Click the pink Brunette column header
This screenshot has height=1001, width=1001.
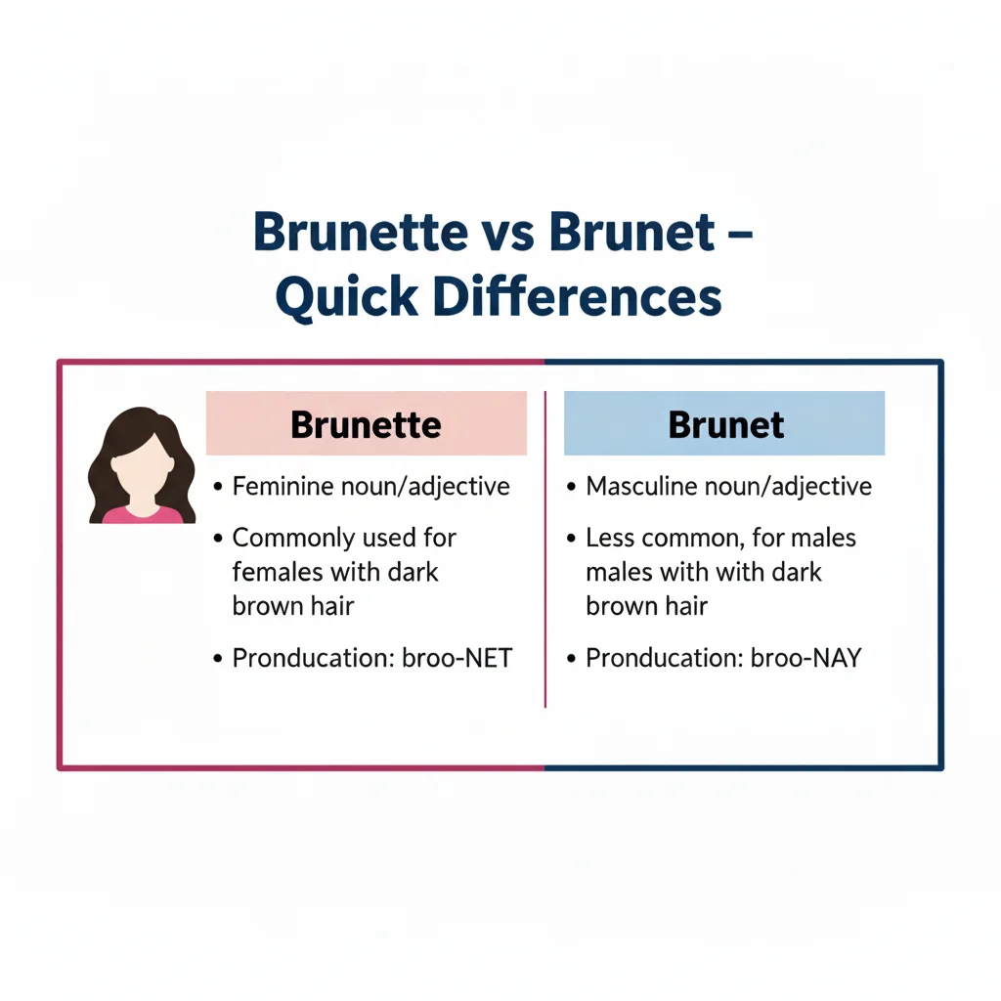point(366,425)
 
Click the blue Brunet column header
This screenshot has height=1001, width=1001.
point(725,424)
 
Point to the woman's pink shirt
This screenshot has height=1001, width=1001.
point(143,514)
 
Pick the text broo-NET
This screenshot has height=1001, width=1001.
point(457,658)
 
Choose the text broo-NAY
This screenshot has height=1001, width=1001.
point(806,658)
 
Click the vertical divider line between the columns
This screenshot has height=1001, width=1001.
point(544,547)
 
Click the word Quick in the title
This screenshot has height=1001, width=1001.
point(338,299)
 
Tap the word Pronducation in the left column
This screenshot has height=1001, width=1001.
point(313,658)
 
